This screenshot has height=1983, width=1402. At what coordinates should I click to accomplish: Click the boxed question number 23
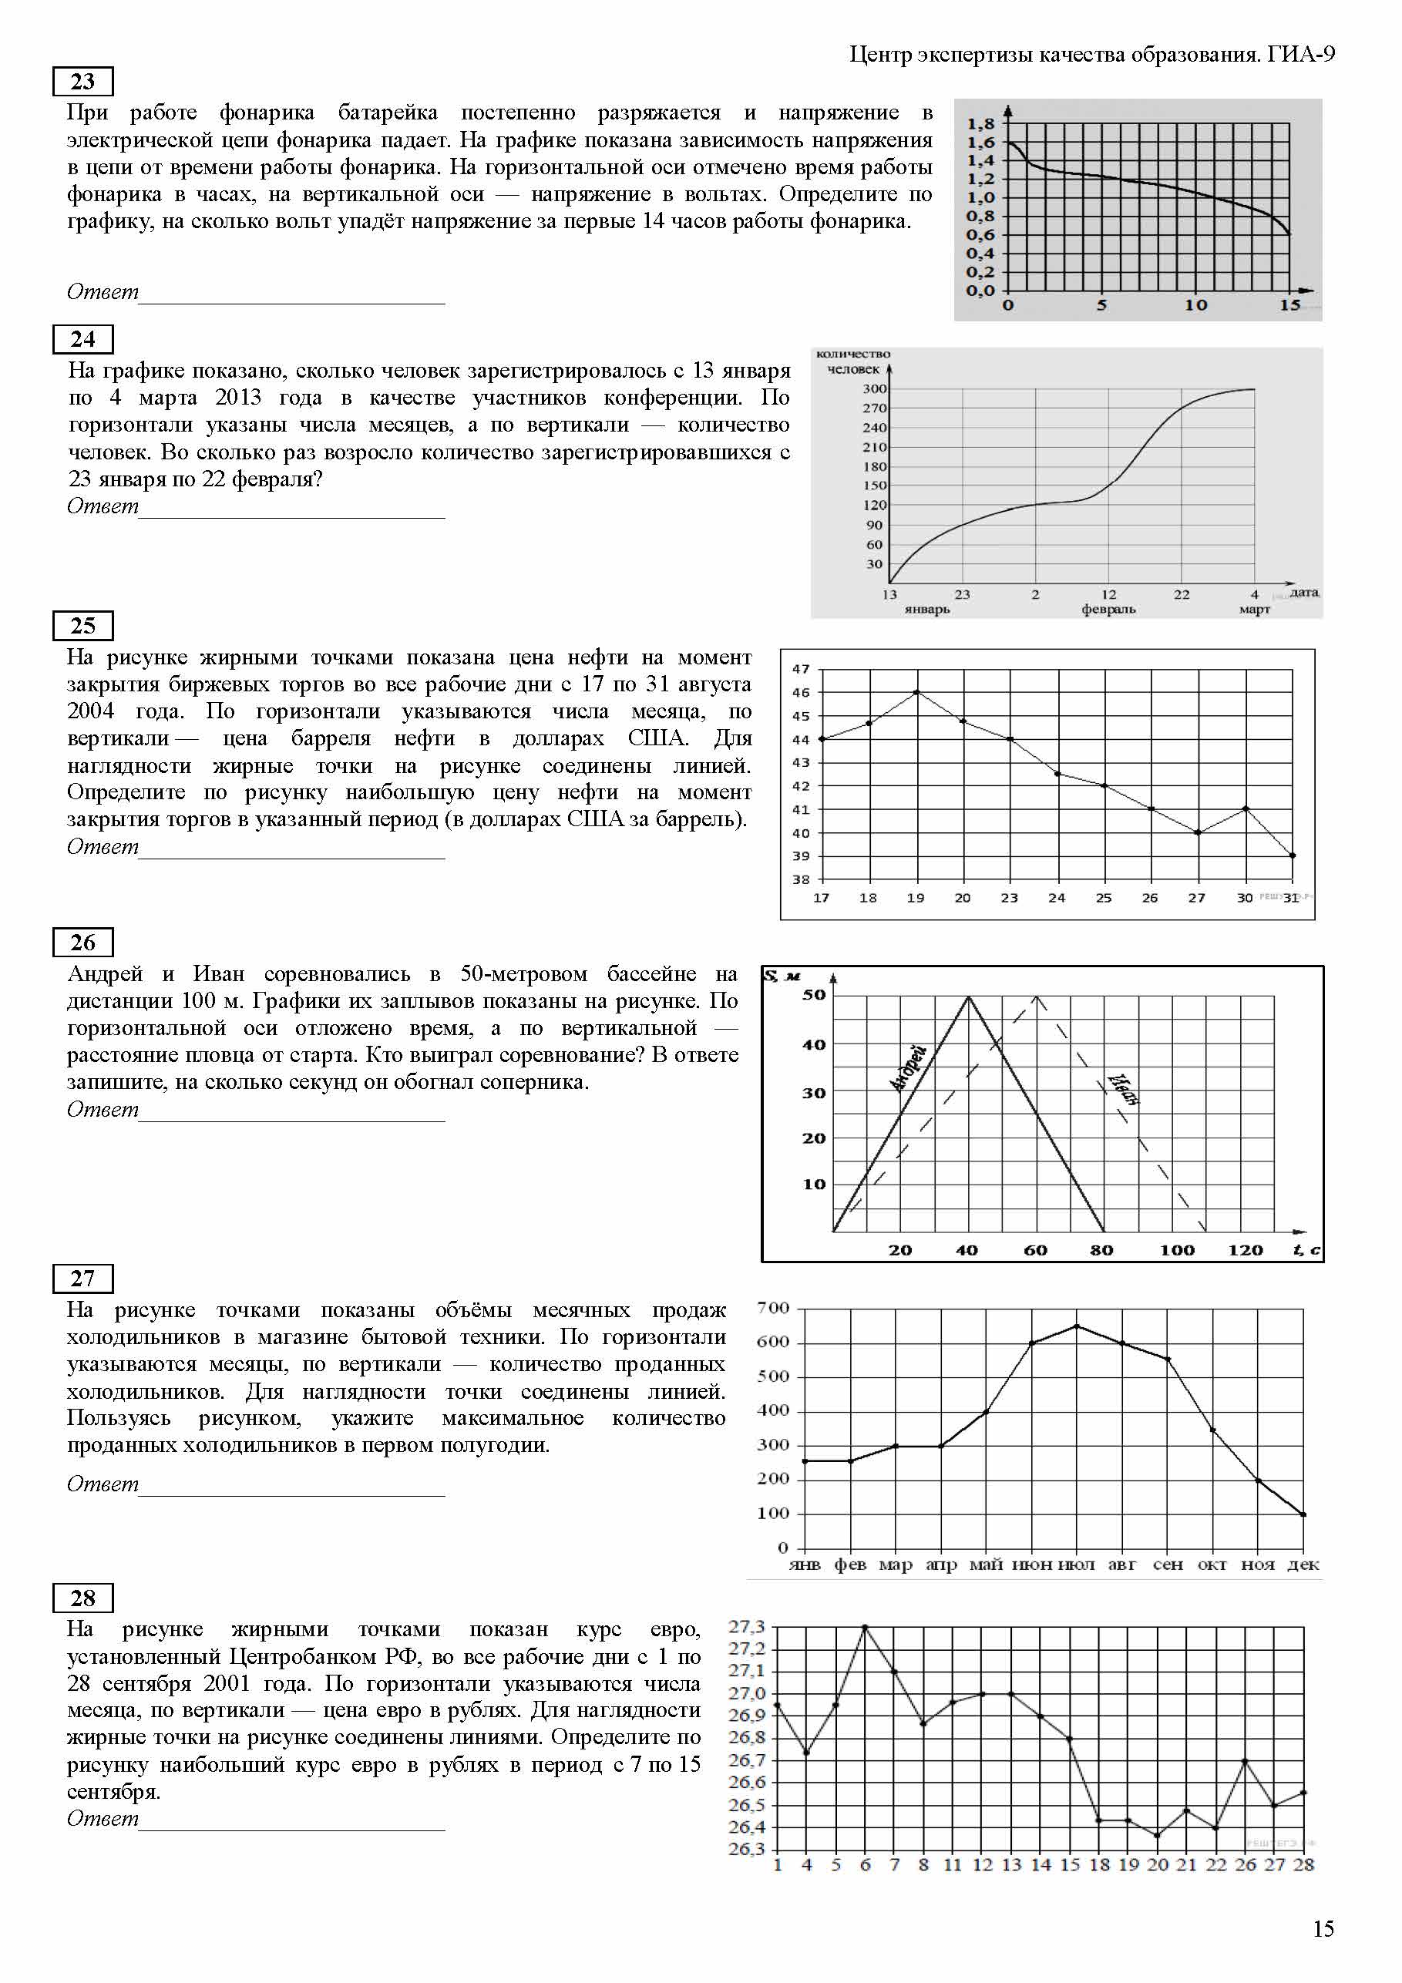(83, 81)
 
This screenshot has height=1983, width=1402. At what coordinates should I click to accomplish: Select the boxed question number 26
(83, 943)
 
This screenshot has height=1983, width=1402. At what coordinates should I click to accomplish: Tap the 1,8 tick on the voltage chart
(980, 123)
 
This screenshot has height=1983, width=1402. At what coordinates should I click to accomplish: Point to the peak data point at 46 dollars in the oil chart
(916, 692)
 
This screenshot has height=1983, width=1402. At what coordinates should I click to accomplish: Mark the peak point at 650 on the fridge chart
(1076, 1326)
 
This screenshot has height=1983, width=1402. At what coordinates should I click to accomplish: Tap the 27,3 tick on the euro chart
(746, 1627)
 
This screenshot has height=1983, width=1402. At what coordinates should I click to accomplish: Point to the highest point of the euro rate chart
(865, 1627)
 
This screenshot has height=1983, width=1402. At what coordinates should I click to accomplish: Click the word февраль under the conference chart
(1108, 609)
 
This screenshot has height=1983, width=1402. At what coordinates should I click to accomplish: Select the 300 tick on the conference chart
(874, 388)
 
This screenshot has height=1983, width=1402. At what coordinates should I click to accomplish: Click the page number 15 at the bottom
(1323, 1928)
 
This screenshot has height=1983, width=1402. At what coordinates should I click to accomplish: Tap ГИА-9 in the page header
(1301, 55)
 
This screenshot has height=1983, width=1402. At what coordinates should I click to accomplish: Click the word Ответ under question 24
(103, 506)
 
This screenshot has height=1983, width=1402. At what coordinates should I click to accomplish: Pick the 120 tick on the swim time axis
(1245, 1250)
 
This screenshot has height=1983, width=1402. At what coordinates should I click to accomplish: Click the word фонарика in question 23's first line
(266, 113)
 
